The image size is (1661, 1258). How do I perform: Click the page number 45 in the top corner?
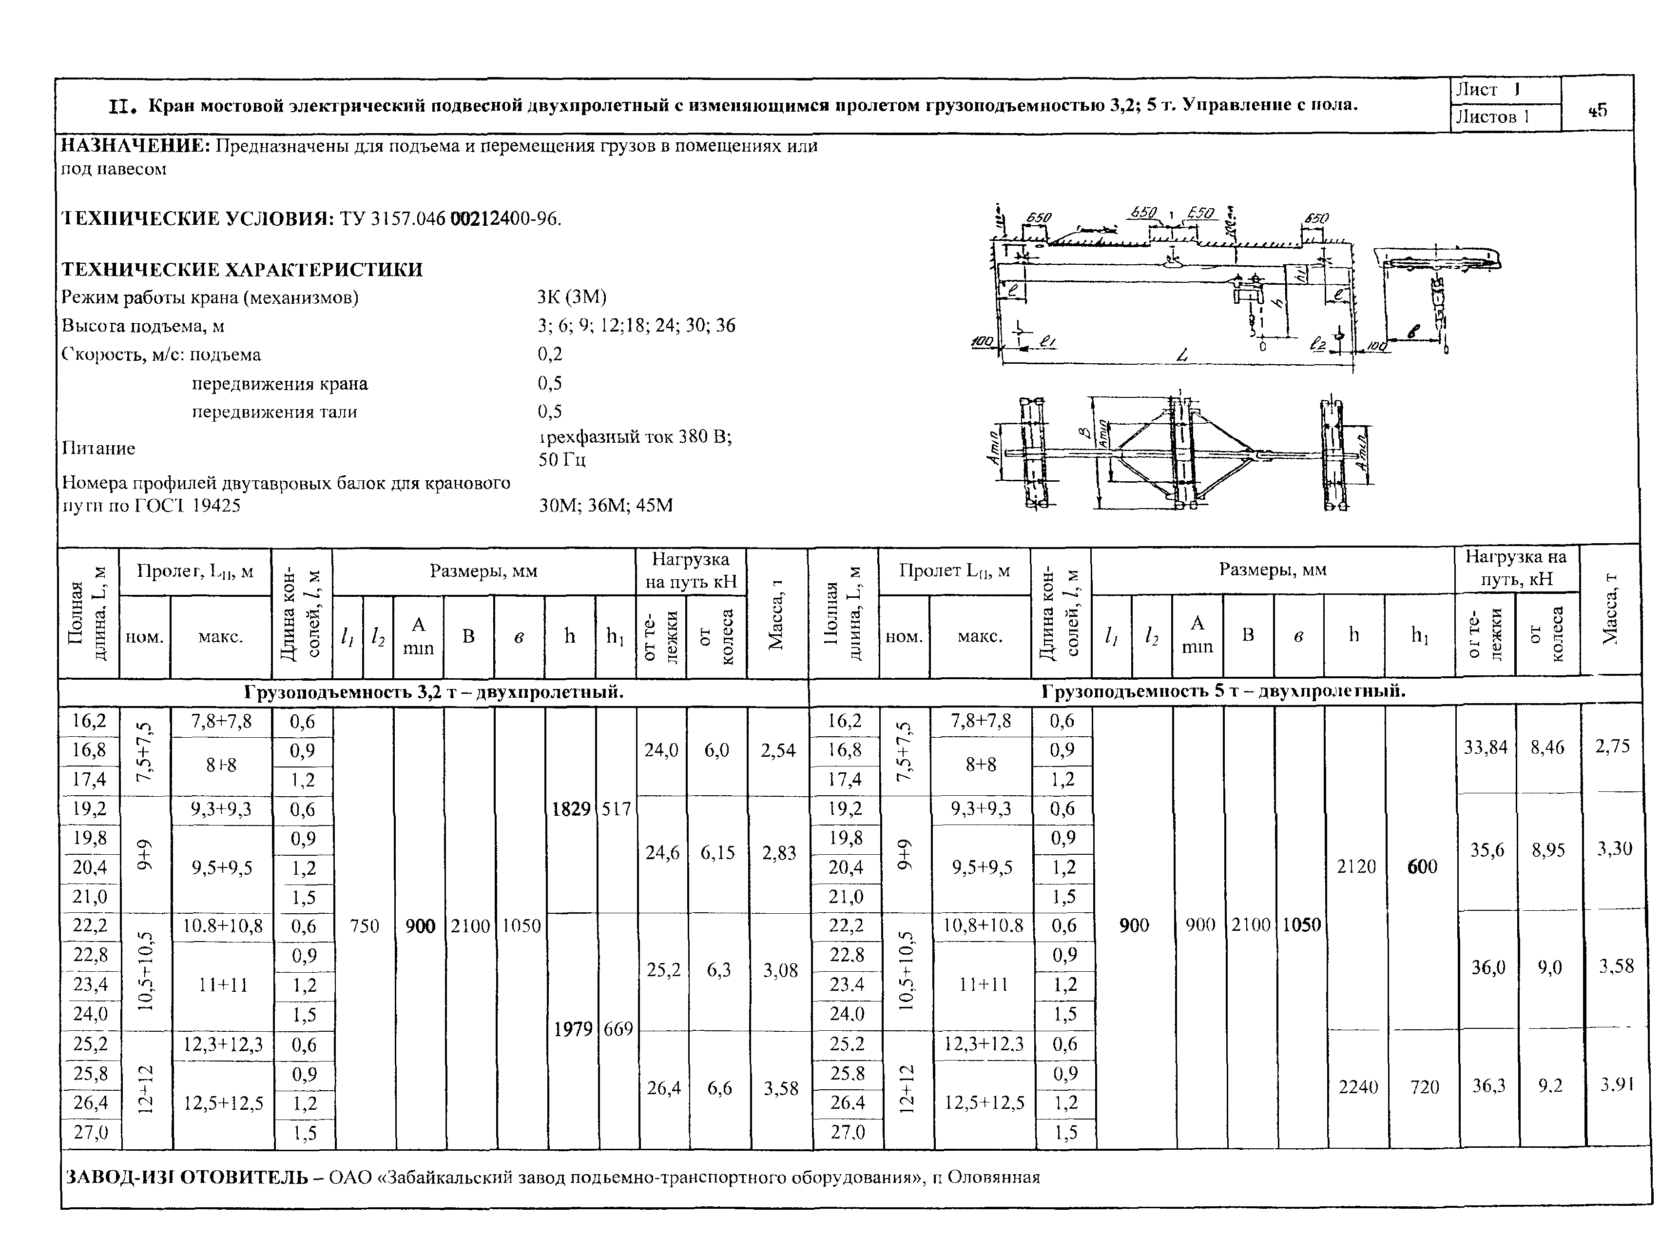(1597, 110)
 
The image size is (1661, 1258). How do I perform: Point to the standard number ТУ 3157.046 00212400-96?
(450, 218)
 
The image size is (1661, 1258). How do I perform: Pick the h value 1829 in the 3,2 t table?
(571, 809)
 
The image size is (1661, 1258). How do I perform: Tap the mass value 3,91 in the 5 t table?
(1616, 1084)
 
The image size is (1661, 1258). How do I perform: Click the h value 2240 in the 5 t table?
(1358, 1087)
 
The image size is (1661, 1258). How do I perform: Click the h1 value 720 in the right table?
(1424, 1087)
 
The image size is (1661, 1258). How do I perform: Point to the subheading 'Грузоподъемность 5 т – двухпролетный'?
(1223, 691)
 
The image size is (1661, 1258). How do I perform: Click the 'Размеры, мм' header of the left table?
(483, 571)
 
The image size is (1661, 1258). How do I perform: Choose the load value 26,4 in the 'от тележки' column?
(663, 1087)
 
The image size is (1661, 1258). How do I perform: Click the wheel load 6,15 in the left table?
(717, 852)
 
